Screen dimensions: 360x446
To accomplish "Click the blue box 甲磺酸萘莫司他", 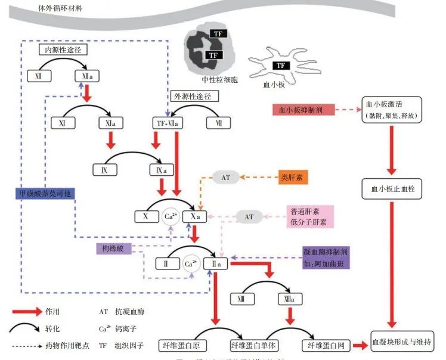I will point(45,193).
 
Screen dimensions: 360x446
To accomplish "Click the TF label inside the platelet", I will point(280,66).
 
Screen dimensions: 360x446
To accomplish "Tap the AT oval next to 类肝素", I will point(226,177).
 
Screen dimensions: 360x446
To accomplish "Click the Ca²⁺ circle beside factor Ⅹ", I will point(170,217).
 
